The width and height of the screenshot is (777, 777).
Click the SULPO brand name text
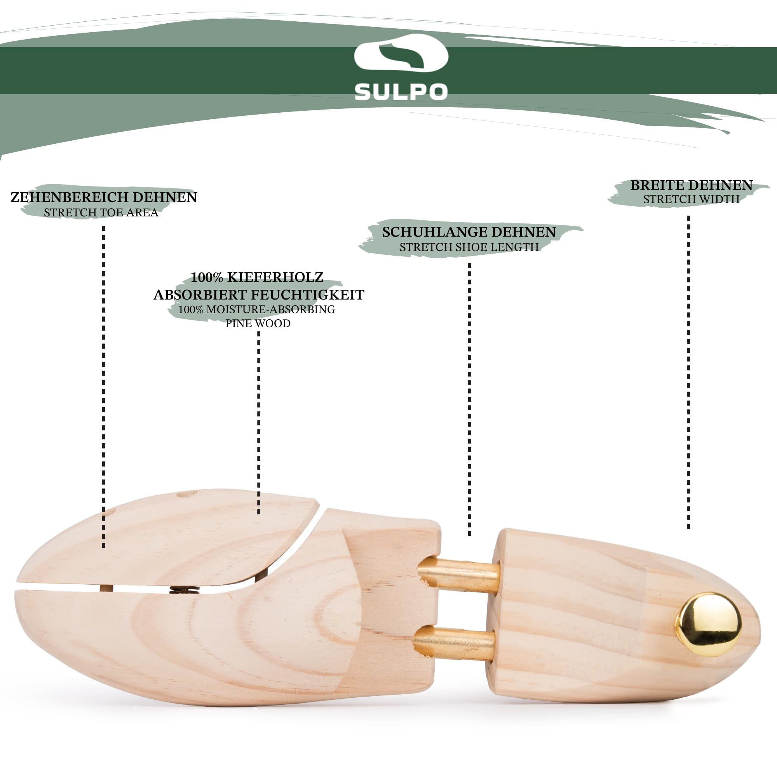(401, 92)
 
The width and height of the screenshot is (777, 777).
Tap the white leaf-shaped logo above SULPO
(401, 53)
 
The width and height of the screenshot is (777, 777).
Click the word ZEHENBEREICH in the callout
(70, 197)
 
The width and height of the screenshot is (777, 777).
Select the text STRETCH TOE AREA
(101, 213)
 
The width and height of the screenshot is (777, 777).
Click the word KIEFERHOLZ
(275, 277)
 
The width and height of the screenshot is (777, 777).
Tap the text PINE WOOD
(258, 323)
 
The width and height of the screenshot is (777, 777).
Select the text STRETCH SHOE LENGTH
(469, 247)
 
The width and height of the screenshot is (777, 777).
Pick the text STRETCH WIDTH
(691, 199)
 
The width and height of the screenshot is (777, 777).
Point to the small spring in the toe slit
(185, 590)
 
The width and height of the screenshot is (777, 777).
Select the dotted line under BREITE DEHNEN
(688, 372)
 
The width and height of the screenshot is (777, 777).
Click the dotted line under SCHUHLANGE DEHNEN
(469, 399)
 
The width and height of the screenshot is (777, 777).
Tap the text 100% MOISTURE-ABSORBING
(256, 309)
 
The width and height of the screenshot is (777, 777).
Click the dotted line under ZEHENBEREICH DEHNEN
(104, 387)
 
